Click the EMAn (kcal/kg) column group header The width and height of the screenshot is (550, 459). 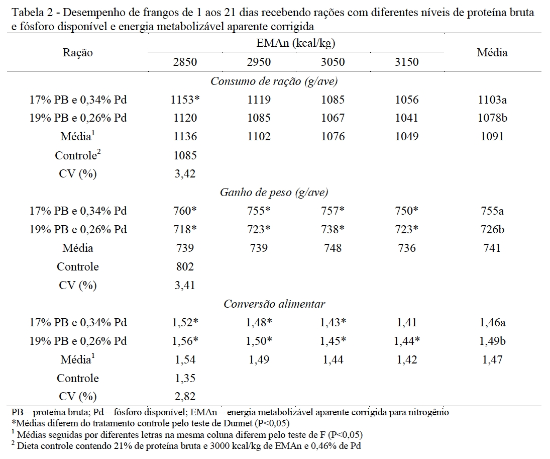click(295, 43)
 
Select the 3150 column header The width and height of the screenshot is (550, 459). click(406, 62)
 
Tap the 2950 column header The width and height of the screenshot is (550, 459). click(258, 62)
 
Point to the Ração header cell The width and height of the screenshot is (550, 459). click(78, 52)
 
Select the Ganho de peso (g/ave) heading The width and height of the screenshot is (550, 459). click(274, 193)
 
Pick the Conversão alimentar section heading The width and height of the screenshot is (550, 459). click(274, 304)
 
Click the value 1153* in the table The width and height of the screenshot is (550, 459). click(185, 100)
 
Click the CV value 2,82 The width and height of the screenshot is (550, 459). click(183, 396)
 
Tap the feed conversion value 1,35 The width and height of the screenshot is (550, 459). click(183, 378)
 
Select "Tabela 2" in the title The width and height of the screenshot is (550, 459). click(29, 13)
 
